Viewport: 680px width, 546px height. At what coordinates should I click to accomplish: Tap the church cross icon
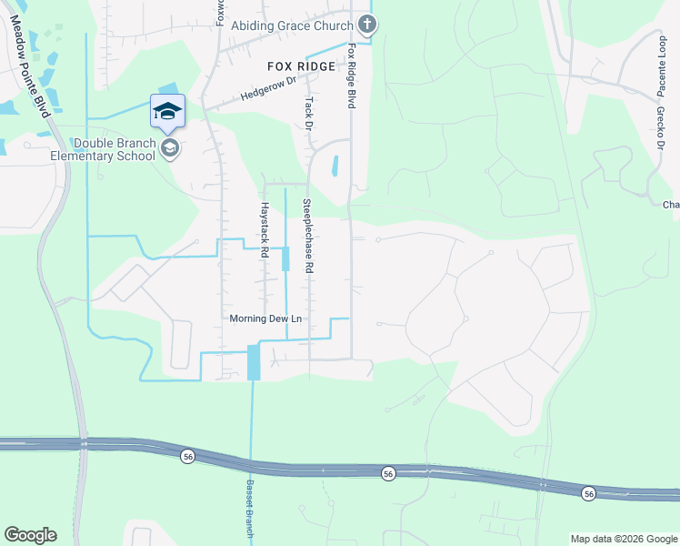pyautogui.click(x=366, y=25)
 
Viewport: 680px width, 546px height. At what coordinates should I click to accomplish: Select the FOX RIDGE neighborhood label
pyautogui.click(x=301, y=66)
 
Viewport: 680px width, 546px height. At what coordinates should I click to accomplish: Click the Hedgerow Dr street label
pyautogui.click(x=269, y=89)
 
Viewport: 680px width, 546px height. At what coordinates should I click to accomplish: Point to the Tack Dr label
pyautogui.click(x=309, y=113)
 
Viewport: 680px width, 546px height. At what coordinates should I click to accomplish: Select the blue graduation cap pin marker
pyautogui.click(x=167, y=112)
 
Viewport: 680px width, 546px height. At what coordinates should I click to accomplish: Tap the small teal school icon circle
pyautogui.click(x=169, y=148)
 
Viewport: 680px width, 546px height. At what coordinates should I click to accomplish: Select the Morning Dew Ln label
pyautogui.click(x=265, y=318)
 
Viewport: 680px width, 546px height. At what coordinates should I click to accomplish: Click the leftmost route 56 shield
pyautogui.click(x=187, y=456)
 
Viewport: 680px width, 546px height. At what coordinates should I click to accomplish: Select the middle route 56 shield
pyautogui.click(x=388, y=473)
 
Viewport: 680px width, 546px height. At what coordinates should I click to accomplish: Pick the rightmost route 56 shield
pyautogui.click(x=589, y=493)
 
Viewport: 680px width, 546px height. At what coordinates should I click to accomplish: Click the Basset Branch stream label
pyautogui.click(x=250, y=510)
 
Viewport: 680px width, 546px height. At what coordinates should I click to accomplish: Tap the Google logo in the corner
pyautogui.click(x=30, y=535)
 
